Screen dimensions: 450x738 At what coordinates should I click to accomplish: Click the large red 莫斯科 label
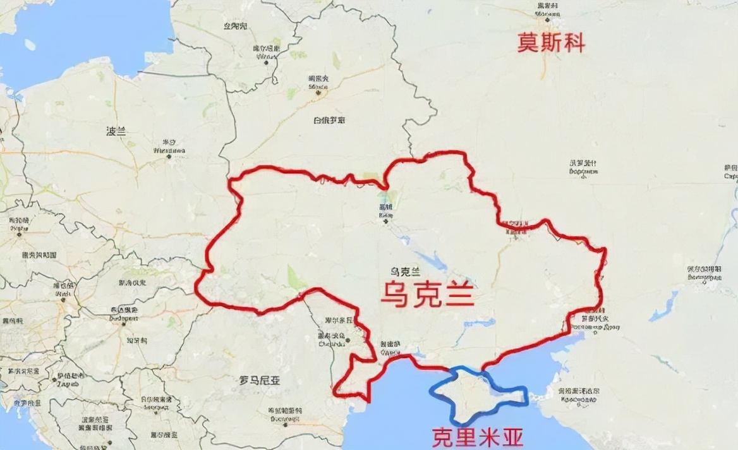click(x=551, y=43)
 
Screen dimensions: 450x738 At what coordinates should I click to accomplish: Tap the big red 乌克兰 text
click(x=428, y=295)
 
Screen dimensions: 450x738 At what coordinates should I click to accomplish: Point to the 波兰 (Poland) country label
click(x=116, y=131)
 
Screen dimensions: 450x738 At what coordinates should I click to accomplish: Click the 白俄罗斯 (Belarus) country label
click(x=329, y=120)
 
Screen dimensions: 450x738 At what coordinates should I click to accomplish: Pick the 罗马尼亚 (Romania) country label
click(x=260, y=380)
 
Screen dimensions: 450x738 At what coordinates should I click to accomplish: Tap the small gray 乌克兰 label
click(x=406, y=271)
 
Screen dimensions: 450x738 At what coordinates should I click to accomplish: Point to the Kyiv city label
click(x=385, y=211)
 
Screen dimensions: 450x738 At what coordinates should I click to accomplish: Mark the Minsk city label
click(x=318, y=82)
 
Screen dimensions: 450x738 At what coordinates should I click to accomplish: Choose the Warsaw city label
click(x=169, y=147)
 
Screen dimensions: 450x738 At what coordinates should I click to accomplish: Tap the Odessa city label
click(x=389, y=348)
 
